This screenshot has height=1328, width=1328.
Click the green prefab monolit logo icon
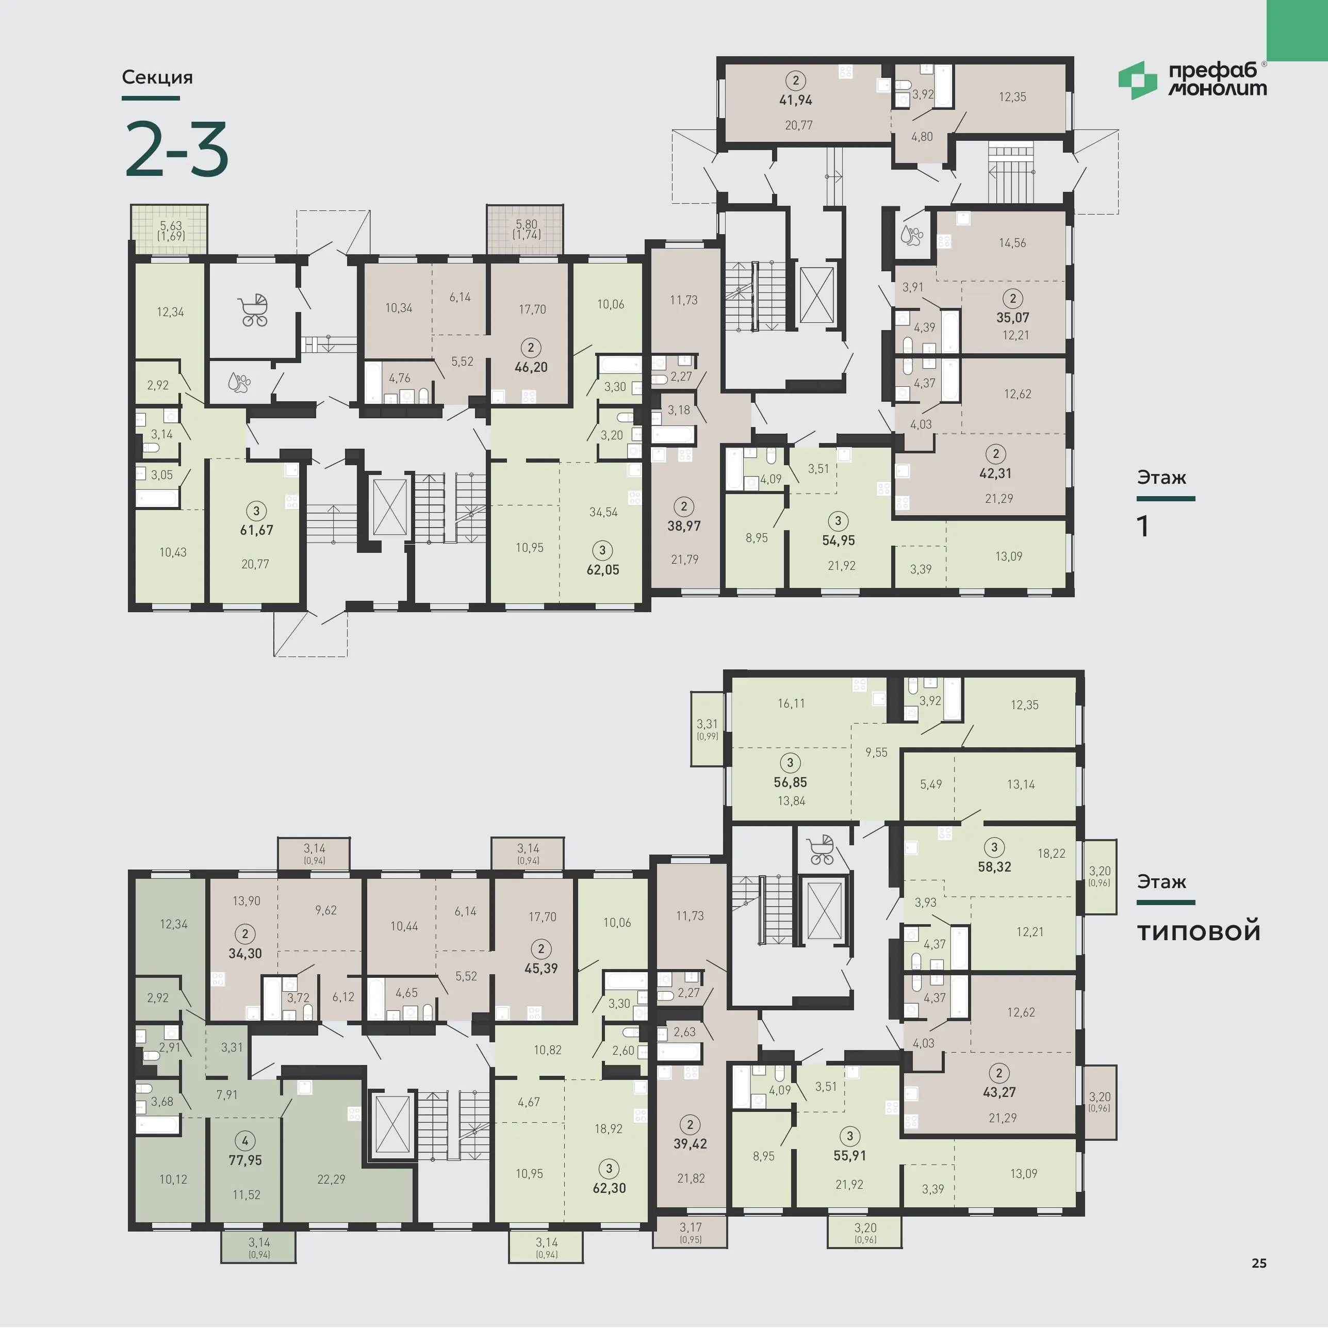(1137, 80)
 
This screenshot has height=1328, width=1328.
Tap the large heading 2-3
(177, 149)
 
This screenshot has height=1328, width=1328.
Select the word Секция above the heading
(157, 77)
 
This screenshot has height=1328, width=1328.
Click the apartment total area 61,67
(256, 530)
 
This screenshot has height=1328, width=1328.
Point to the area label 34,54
(603, 512)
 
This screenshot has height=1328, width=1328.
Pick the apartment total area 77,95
(245, 1160)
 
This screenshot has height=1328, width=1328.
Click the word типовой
(1199, 932)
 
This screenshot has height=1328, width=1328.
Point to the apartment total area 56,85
(791, 782)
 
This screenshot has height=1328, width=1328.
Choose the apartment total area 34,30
(245, 954)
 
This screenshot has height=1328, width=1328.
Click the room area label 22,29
(331, 1179)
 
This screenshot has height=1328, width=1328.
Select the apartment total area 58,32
(995, 867)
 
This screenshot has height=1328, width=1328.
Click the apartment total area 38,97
(684, 526)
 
